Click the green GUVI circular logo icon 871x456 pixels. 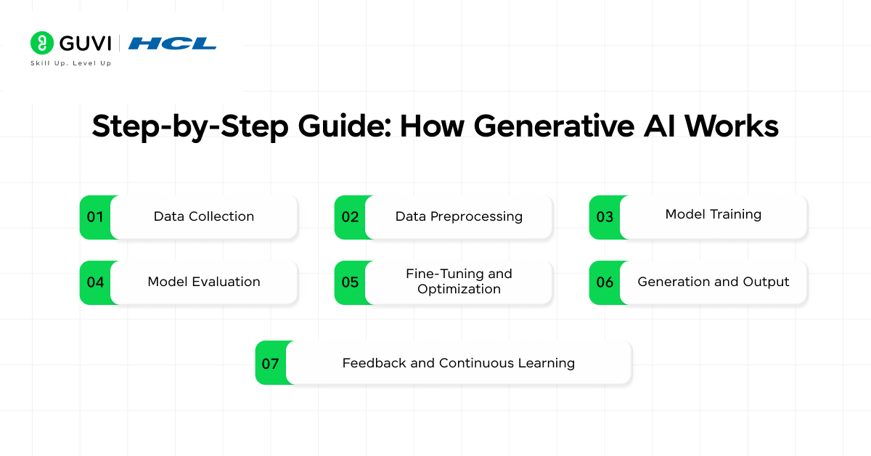[42, 43]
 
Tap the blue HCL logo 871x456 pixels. [172, 44]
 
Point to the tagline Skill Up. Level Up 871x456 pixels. [70, 63]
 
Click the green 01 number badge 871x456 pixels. [95, 217]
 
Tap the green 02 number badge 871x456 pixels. [350, 217]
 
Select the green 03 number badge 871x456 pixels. [605, 217]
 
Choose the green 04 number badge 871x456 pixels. [95, 282]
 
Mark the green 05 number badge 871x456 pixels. [350, 282]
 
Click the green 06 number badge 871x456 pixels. [605, 282]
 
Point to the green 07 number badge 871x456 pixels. [271, 363]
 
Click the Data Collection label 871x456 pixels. [204, 216]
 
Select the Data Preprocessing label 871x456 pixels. [459, 216]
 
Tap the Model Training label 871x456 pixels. [713, 214]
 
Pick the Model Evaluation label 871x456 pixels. [204, 282]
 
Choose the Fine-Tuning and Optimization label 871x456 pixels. [459, 281]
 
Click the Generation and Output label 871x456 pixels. [713, 282]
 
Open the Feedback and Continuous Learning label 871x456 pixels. [459, 363]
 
